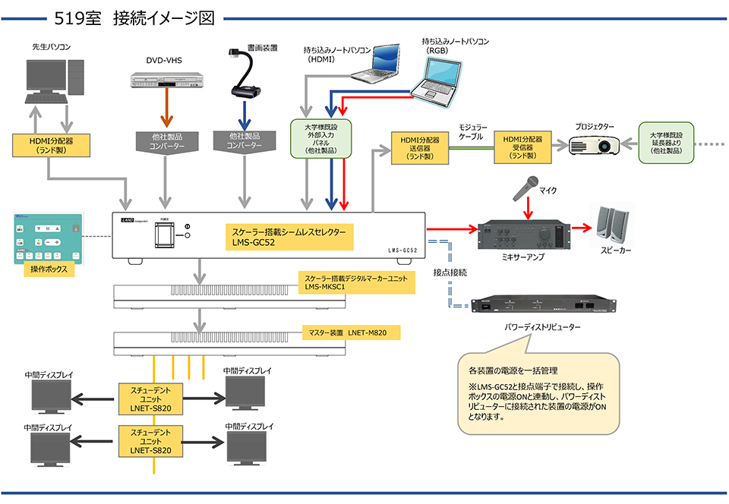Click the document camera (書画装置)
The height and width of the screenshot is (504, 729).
point(245,76)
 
